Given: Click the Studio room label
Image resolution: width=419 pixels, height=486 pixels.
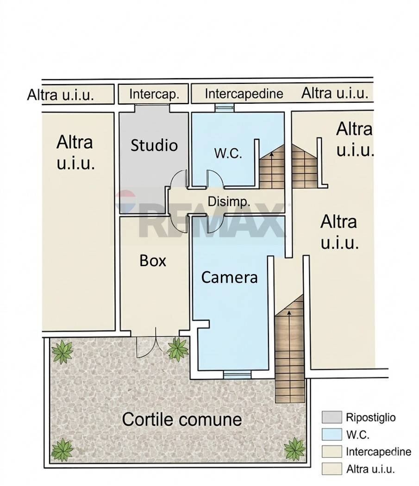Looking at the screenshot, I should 154,145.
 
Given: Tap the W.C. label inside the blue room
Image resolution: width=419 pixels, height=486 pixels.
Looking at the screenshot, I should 228,153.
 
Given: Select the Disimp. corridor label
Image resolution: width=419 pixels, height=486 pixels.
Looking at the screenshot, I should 229,202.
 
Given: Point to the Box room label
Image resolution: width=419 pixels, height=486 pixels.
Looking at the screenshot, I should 153,261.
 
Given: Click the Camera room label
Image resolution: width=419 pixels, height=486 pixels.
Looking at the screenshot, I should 229,277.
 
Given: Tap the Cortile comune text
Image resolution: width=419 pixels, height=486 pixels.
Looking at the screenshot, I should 181,419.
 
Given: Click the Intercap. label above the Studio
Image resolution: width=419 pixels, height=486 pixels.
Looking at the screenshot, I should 154,94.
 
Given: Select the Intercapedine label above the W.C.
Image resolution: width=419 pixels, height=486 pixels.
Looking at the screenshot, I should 244,93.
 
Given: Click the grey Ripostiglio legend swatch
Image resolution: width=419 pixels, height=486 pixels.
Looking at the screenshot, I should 331,417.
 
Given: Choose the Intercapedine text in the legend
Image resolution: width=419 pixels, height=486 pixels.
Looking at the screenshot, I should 378,452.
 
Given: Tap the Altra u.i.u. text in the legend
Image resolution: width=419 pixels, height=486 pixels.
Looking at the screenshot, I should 370,469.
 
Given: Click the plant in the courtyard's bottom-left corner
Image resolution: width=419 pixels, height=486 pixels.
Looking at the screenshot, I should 62,449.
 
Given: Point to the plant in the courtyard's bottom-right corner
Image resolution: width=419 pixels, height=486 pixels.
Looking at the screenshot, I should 294,448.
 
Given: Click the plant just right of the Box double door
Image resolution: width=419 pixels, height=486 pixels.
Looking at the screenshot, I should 178,349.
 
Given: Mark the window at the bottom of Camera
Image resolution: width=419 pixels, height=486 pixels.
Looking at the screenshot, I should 237,374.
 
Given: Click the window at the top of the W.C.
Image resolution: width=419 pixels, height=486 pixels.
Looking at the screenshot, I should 225,107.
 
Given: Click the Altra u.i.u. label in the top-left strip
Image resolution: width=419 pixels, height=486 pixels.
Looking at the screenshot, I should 60,95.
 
